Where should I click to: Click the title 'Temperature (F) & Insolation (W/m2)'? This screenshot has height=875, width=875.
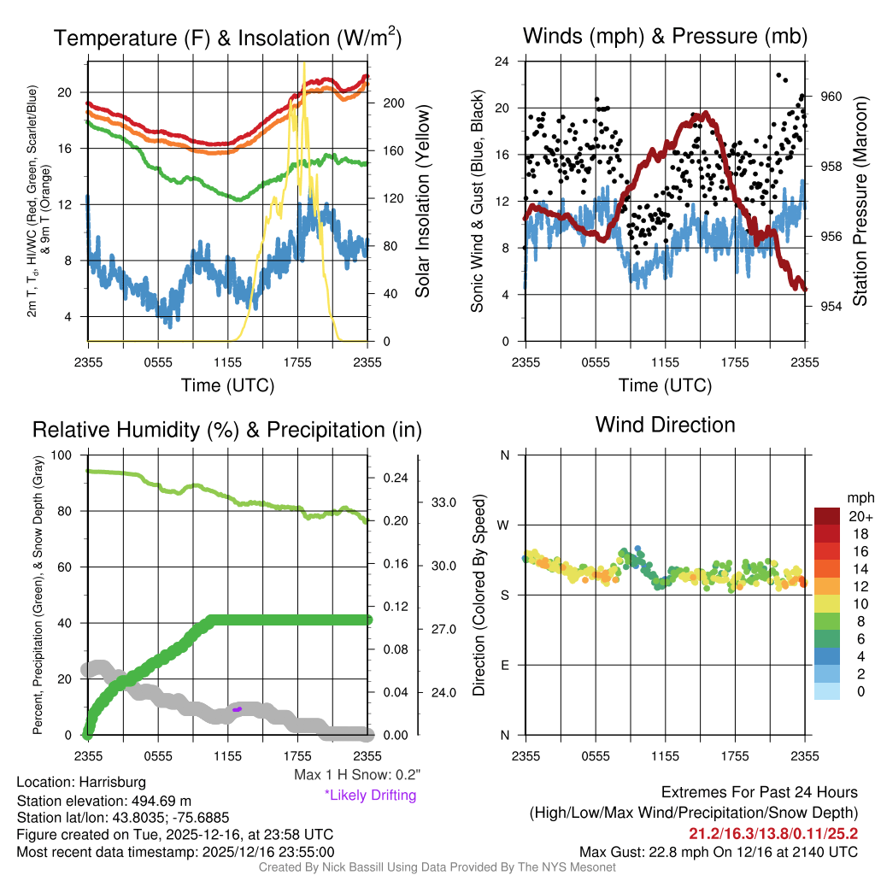tap(227, 38)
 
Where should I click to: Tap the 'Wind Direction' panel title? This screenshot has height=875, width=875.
tap(665, 425)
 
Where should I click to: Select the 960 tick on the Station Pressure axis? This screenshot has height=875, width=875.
tap(831, 97)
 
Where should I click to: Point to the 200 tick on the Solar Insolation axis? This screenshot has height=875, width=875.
tap(393, 103)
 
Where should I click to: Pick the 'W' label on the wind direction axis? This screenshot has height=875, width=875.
tap(504, 525)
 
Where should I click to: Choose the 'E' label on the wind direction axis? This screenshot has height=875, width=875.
tap(504, 665)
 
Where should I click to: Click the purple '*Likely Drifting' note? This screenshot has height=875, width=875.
tap(369, 795)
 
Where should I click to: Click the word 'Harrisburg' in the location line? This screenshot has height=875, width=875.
tap(113, 782)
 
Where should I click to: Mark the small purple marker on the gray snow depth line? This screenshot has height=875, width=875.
tap(238, 708)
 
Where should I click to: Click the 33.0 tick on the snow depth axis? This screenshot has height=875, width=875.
tap(444, 502)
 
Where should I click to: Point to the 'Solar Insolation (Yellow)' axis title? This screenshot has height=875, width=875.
tap(423, 202)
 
